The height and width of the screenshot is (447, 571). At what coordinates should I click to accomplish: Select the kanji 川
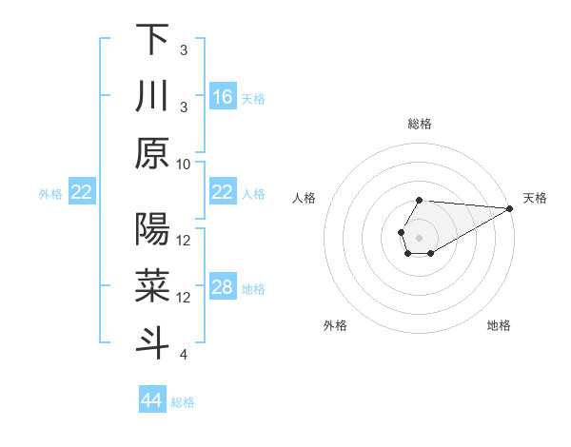[152, 96]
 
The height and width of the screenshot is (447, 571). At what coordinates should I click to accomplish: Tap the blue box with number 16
[223, 97]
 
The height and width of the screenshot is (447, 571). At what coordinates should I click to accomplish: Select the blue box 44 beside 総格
[152, 400]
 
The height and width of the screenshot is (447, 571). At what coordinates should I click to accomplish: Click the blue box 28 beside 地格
[223, 288]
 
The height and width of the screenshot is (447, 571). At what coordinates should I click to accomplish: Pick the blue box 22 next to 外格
[82, 193]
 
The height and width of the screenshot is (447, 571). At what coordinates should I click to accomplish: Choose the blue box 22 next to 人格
[223, 193]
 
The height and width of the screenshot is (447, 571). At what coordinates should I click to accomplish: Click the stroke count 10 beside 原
[184, 164]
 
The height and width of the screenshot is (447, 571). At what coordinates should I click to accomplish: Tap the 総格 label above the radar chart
[420, 124]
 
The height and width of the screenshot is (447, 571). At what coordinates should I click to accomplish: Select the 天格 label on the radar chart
[535, 198]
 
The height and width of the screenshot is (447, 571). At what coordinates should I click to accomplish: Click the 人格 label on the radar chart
[305, 198]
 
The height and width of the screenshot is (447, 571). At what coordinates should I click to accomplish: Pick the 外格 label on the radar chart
[334, 325]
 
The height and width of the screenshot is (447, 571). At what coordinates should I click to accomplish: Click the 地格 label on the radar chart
[499, 325]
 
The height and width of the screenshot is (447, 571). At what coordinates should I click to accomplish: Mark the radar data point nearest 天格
[510, 208]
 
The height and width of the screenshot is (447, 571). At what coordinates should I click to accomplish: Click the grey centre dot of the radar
[420, 236]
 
